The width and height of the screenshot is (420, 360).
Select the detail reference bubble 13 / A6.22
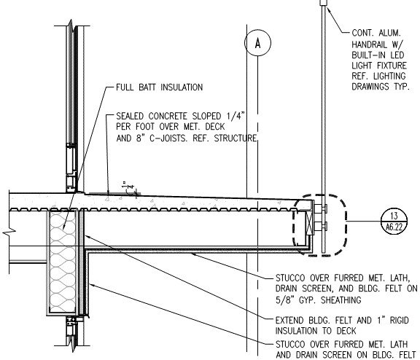click(x=394, y=219)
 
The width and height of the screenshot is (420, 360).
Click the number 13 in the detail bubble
click(x=394, y=214)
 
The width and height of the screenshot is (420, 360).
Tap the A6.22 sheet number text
click(x=394, y=226)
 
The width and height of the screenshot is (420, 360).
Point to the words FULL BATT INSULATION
click(x=159, y=88)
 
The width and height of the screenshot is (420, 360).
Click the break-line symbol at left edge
click(x=5, y=234)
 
